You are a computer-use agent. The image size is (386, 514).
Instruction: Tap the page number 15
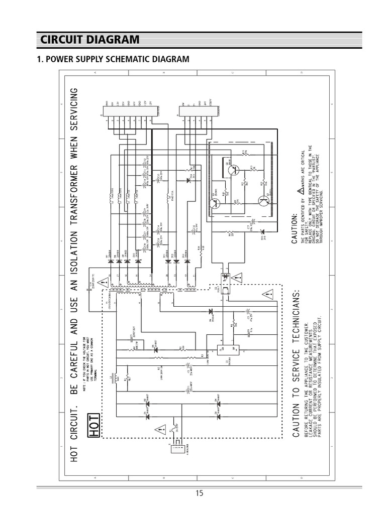(200, 493)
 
